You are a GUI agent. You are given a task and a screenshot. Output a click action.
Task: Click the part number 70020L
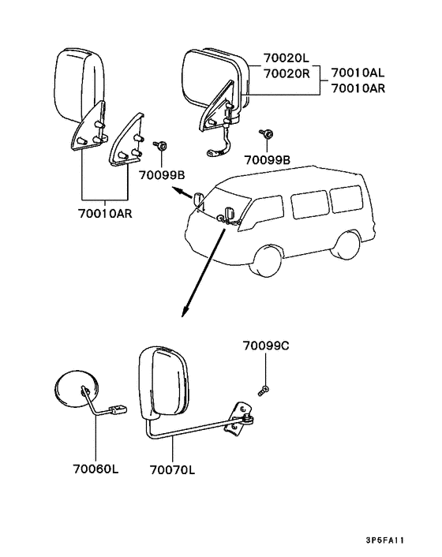[x=286, y=57]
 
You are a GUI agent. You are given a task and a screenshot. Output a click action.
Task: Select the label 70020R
[x=287, y=73]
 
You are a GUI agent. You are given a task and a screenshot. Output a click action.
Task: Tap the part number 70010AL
[x=358, y=73]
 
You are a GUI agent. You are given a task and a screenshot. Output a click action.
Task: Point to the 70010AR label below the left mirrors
[x=105, y=214]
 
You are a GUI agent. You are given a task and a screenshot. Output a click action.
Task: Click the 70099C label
[x=266, y=346]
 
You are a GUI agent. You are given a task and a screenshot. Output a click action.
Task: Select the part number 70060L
[x=96, y=469]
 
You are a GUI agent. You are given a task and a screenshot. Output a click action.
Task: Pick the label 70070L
[x=172, y=470]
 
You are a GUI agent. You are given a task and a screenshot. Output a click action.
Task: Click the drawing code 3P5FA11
[x=385, y=540]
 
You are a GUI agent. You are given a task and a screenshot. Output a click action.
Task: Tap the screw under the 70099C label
[x=264, y=391]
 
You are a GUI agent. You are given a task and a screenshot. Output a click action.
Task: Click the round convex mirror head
[x=76, y=390]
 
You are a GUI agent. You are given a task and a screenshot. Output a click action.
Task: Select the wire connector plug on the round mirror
[x=119, y=410]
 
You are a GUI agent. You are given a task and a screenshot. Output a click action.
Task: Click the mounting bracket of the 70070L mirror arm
[x=238, y=421]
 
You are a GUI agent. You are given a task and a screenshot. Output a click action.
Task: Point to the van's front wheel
[x=265, y=260]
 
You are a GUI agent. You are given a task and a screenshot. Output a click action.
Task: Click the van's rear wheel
[x=345, y=246]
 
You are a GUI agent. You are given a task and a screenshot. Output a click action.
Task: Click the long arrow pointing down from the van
[x=203, y=273]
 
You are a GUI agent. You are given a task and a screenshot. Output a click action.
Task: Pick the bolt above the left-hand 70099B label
[x=160, y=145]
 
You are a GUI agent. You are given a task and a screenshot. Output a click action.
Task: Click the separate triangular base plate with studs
[x=127, y=140]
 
